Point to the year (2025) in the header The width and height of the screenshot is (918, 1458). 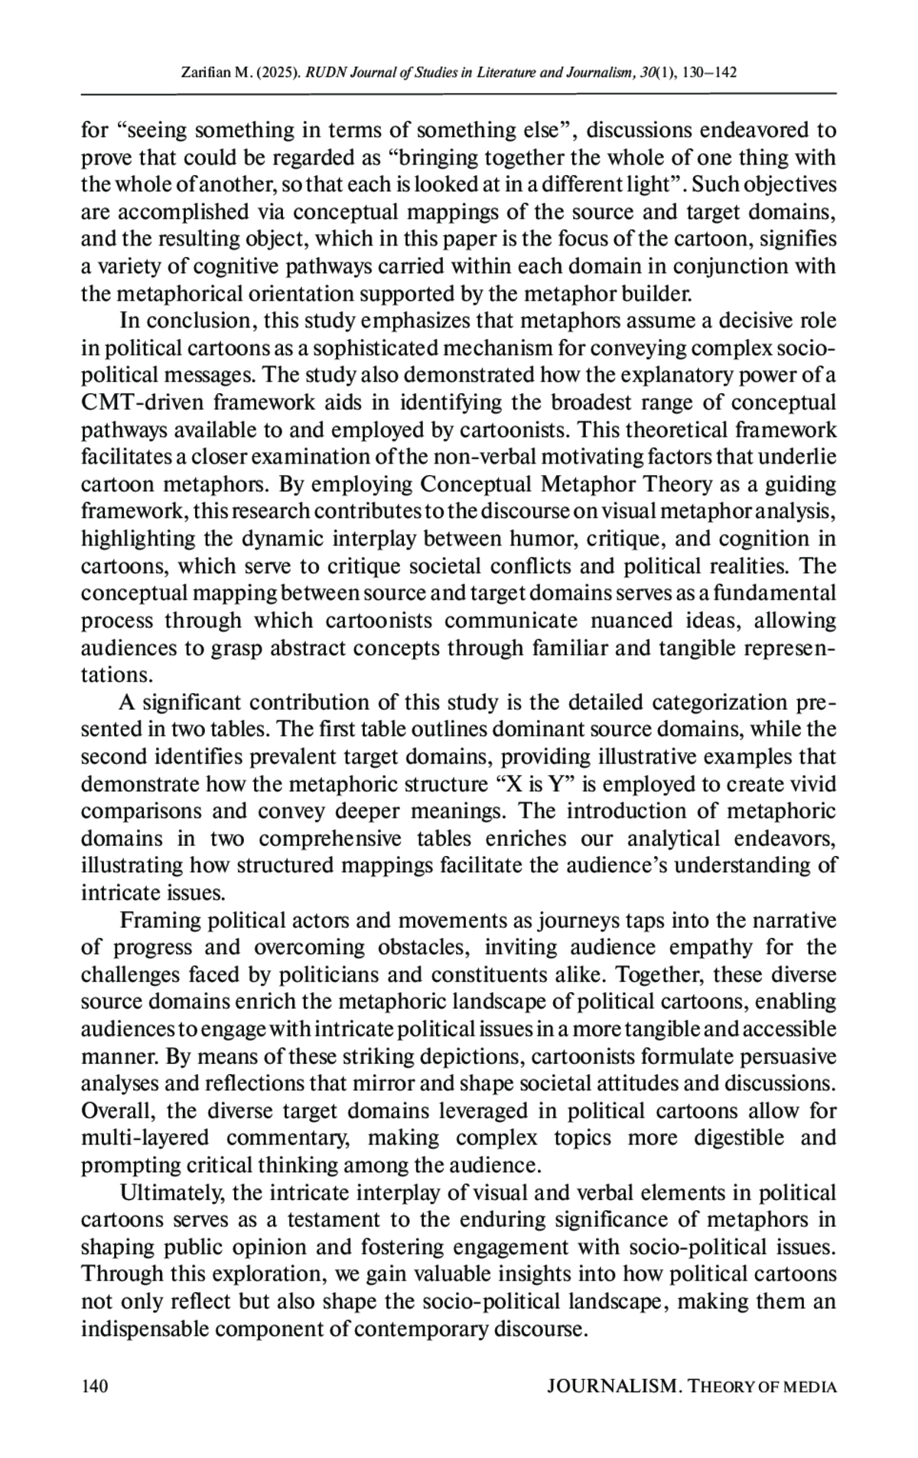coord(278,73)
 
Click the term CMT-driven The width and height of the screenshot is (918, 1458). coord(142,402)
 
